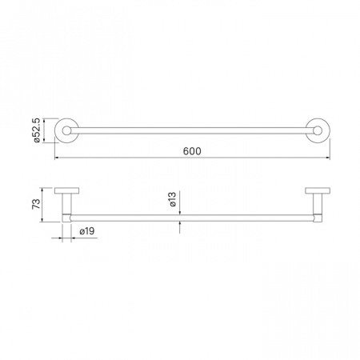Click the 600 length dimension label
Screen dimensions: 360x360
coord(192,151)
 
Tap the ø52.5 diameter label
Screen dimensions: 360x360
coord(37,130)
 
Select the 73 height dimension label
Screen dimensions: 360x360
coord(36,204)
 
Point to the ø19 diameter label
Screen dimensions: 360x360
coord(87,231)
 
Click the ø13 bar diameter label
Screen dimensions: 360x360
coord(173,199)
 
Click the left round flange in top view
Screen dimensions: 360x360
coord(55,130)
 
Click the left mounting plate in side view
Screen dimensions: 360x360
coord(66,190)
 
